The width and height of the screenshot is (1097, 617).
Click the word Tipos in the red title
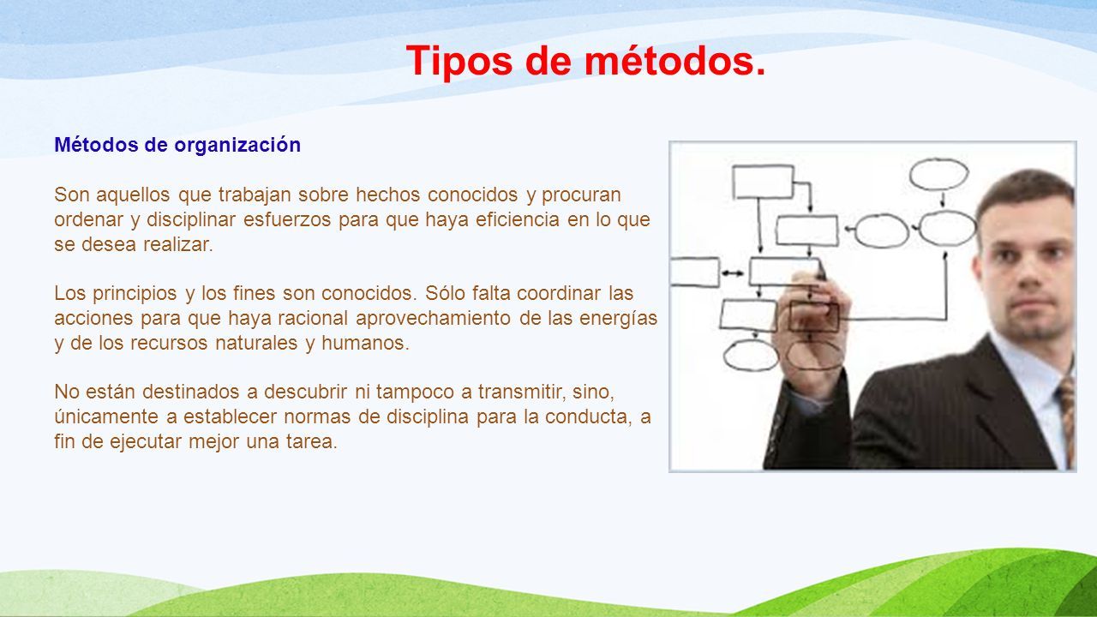click(459, 62)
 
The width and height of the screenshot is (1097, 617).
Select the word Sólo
click(445, 293)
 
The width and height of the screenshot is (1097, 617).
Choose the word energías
click(618, 319)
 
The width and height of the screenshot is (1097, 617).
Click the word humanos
click(365, 343)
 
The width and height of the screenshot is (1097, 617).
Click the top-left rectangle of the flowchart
click(764, 182)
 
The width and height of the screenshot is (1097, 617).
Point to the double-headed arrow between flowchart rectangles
click(733, 273)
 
